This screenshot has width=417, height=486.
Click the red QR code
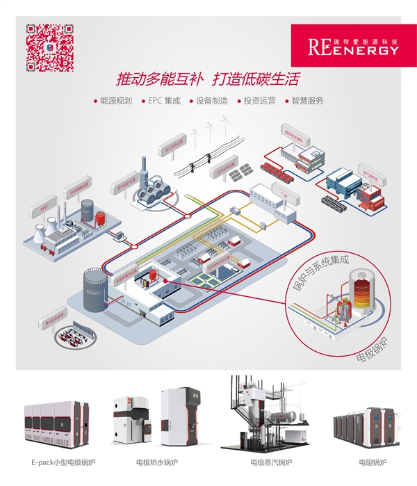click(50, 48)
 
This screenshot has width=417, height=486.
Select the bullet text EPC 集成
click(164, 101)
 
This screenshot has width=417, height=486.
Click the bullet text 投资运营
click(259, 101)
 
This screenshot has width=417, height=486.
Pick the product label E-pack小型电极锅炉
click(63, 462)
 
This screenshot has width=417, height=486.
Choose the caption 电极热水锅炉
click(157, 462)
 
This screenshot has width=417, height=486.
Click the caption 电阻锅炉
click(368, 462)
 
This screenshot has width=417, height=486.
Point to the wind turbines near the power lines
click(212, 132)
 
